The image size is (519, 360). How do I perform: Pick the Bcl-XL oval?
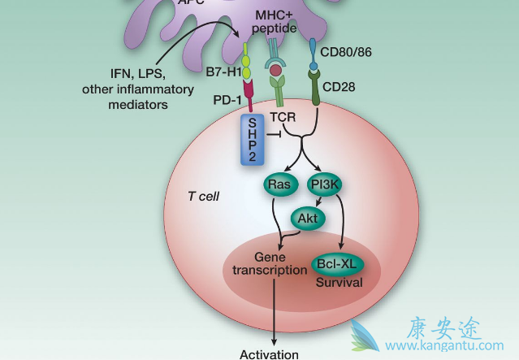click(338, 264)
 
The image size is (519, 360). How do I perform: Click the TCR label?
click(283, 116)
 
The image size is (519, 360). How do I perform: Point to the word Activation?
click(269, 353)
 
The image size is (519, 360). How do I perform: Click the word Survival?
click(338, 283)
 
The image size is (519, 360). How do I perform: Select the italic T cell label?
click(204, 197)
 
